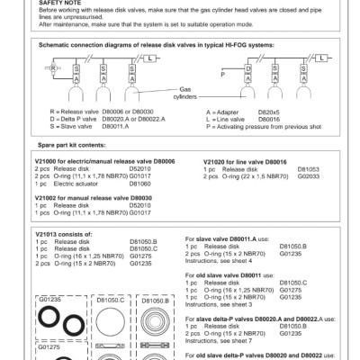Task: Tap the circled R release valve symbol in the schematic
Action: coord(53,67)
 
